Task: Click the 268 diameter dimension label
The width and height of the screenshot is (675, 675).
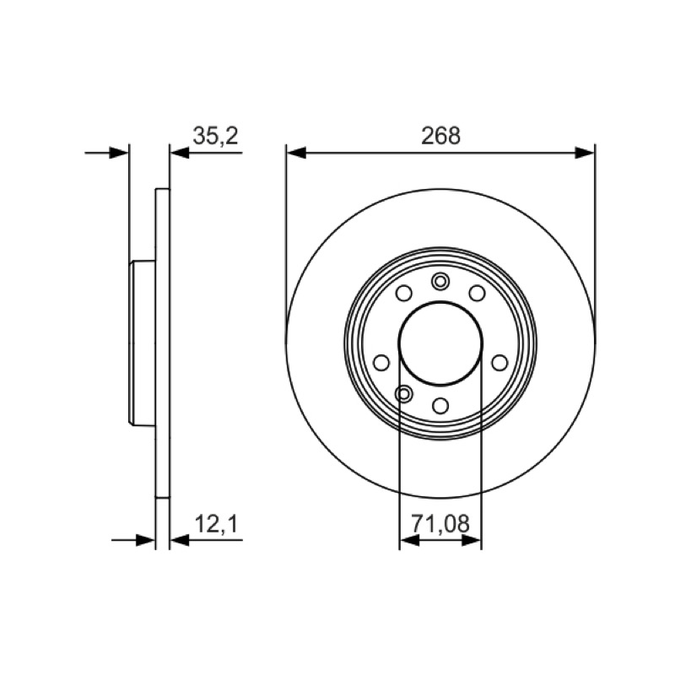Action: click(440, 136)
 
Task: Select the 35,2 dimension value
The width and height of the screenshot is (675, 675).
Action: click(216, 136)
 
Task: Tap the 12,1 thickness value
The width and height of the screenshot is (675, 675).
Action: click(217, 524)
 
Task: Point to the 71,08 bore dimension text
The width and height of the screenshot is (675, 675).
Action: click(440, 524)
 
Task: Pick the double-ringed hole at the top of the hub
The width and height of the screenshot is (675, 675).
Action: click(440, 282)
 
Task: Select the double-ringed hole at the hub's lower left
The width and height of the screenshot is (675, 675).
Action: click(403, 393)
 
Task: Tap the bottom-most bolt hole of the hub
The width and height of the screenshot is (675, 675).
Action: click(440, 406)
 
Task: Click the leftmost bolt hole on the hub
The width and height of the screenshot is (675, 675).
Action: click(381, 363)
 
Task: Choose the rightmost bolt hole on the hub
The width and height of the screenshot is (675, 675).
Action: click(499, 363)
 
